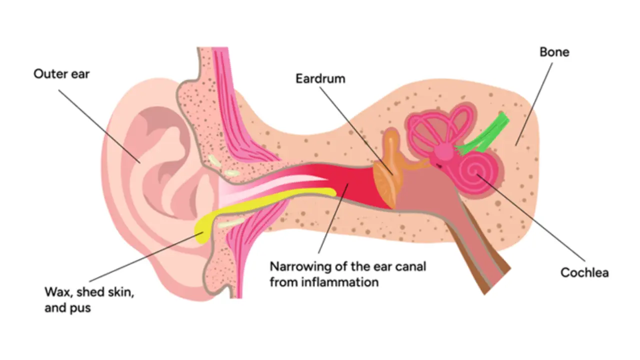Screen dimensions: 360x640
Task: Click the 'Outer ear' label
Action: [x=61, y=74]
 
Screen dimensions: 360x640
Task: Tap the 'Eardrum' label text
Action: [x=320, y=79]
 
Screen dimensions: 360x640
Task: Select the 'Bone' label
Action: [x=554, y=52]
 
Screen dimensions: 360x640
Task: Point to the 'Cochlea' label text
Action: [x=584, y=272]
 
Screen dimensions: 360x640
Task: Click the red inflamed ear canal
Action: [x=360, y=187]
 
